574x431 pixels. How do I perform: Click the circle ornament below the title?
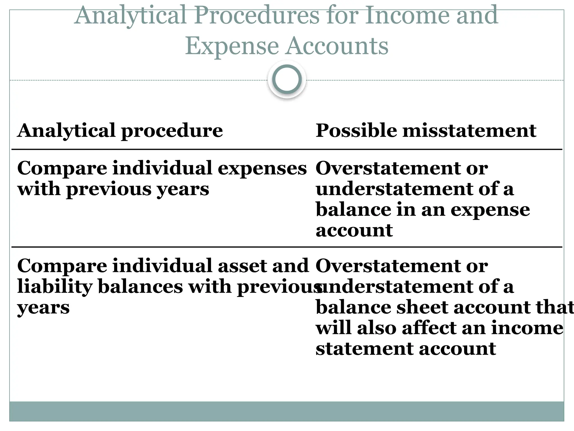[x=287, y=79]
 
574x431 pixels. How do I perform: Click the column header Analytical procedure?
[x=120, y=130]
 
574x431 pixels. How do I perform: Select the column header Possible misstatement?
[x=426, y=130]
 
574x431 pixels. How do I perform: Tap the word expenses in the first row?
[x=262, y=168]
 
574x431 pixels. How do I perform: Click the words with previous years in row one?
[x=113, y=189]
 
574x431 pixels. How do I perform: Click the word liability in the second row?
[x=55, y=287]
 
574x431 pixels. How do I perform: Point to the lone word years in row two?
[x=43, y=308]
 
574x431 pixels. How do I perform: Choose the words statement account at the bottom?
[x=406, y=349]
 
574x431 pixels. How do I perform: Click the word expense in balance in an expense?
[x=490, y=210]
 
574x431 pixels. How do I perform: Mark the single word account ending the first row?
[x=354, y=231]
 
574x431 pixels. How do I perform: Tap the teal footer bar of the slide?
[x=287, y=411]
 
